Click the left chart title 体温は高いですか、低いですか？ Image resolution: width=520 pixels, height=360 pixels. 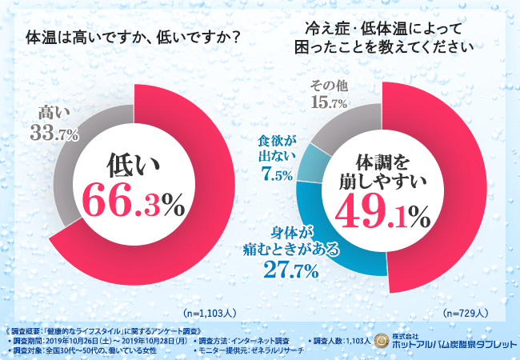[x=134, y=37]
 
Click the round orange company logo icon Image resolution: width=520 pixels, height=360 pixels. [x=377, y=342]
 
